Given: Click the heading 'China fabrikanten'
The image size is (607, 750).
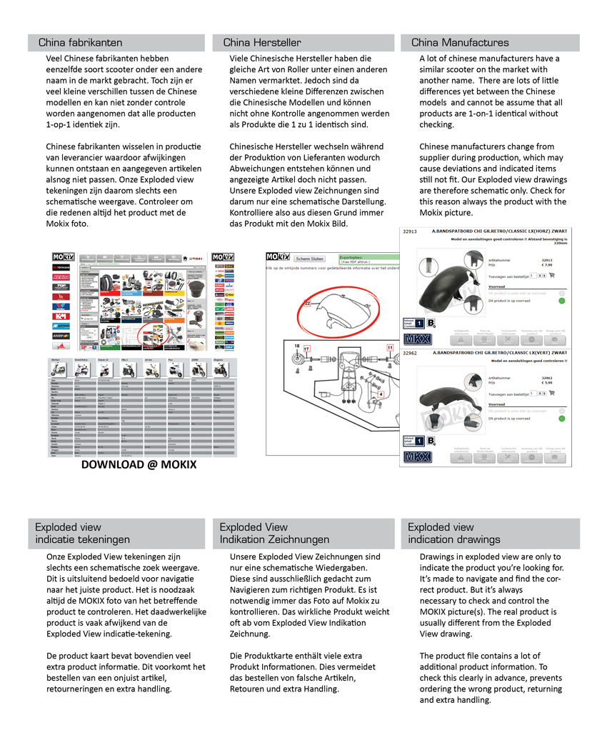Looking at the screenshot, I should [80, 43].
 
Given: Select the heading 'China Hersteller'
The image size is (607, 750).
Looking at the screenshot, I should [262, 43].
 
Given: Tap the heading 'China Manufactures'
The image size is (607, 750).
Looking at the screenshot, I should [460, 43].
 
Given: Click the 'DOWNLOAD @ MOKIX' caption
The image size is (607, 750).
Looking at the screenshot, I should [139, 465].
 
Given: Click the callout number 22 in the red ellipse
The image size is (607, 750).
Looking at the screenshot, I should [308, 304].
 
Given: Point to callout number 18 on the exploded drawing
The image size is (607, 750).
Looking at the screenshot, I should [297, 346].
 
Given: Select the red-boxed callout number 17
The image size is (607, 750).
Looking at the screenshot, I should [308, 349].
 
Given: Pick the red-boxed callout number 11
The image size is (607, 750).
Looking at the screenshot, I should [390, 347].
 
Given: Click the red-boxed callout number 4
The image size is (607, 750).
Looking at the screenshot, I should [381, 394].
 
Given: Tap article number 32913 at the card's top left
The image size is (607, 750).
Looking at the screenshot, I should [411, 232].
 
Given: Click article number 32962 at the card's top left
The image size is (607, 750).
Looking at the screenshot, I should [411, 352].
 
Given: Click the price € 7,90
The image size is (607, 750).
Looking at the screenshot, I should [547, 265].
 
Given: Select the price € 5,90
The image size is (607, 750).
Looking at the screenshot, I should [547, 383].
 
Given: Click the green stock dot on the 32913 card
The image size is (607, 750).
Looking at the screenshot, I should [562, 300].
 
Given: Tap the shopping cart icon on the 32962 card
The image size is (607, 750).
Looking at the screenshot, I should [552, 394].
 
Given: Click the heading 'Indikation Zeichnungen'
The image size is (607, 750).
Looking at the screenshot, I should [274, 539].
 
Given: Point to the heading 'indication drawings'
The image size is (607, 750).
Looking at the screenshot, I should [453, 539].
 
